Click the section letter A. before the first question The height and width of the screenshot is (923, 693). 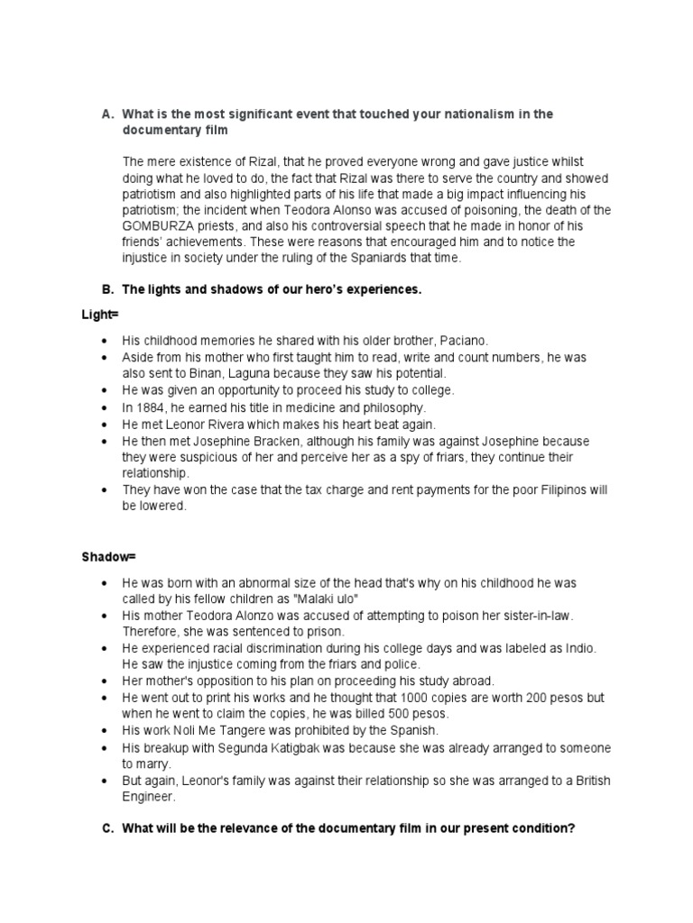[107, 114]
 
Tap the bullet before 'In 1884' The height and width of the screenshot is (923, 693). [106, 407]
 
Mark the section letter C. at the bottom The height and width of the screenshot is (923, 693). [106, 828]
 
